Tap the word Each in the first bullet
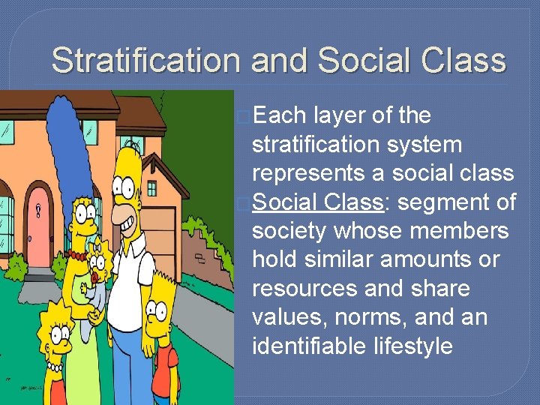pos(279,116)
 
